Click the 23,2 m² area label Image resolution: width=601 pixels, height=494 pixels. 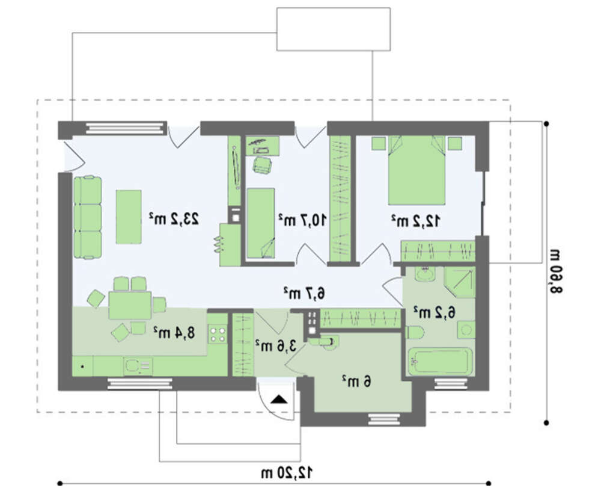pos(174,219)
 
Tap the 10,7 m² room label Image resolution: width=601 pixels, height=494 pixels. pos(302,220)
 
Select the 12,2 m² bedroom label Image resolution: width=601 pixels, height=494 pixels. pos(415,221)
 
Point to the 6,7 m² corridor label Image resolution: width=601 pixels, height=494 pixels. pos(304,293)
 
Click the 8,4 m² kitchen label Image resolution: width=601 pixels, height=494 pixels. pos(174,332)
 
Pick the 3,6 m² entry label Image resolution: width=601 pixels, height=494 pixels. pos(276,345)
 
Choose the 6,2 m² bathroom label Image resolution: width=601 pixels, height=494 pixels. pos(435,312)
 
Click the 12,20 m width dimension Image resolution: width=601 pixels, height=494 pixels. pos(287,472)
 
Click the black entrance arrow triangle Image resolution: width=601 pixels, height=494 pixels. pos(279,399)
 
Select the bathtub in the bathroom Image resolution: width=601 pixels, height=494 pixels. pos(440,361)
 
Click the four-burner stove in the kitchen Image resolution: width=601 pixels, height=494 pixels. pos(218,334)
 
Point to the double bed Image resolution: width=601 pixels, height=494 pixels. pos(416,170)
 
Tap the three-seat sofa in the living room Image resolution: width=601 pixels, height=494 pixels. pos(88,217)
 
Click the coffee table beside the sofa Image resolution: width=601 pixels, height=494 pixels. pos(129,217)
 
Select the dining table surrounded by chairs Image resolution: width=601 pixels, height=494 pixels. pos(130,306)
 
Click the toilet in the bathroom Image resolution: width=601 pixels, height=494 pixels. pos(414,332)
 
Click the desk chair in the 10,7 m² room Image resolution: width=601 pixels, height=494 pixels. pos(262,165)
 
